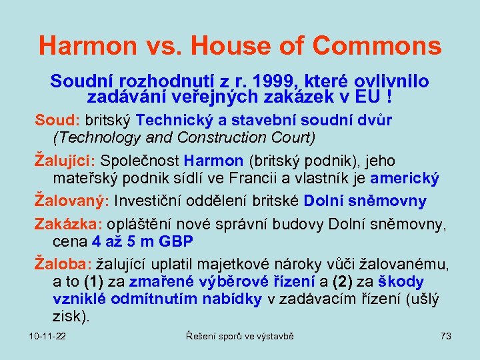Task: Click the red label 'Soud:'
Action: tap(57, 121)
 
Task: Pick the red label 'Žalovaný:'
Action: tap(72, 201)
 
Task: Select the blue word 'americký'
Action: tap(405, 178)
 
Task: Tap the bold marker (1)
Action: tap(97, 282)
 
